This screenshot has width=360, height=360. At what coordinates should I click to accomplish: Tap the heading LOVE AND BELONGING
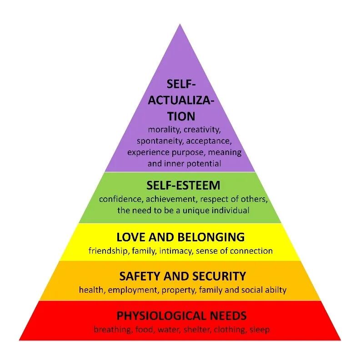pyautogui.click(x=180, y=237)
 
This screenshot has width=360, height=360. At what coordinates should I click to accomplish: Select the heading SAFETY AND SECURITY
pyautogui.click(x=182, y=276)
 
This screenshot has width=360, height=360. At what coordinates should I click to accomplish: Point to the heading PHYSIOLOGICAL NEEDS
pyautogui.click(x=182, y=315)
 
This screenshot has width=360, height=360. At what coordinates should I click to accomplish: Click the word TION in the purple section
pyautogui.click(x=180, y=116)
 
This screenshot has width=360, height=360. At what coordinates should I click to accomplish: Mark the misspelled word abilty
pyautogui.click(x=275, y=290)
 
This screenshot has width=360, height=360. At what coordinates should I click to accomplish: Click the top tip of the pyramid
pyautogui.click(x=180, y=25)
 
